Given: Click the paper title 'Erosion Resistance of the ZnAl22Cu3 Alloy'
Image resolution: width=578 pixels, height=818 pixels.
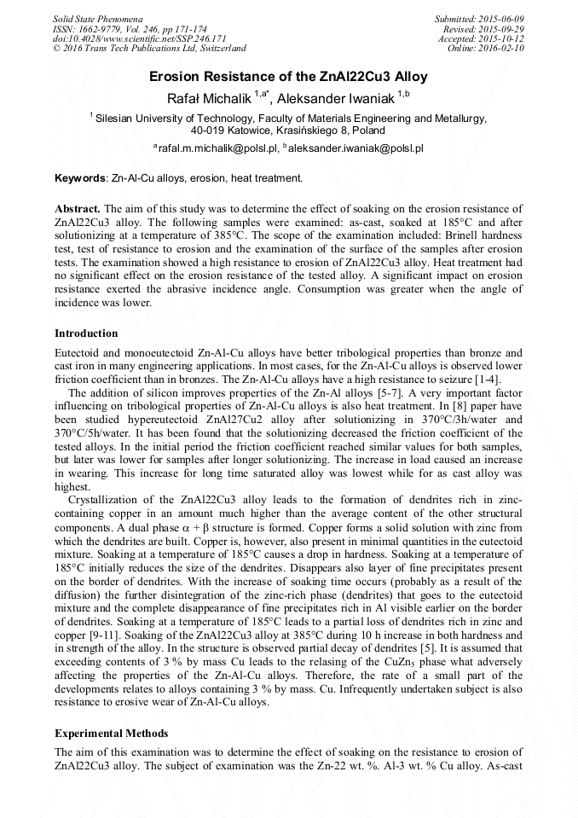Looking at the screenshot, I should click(288, 77).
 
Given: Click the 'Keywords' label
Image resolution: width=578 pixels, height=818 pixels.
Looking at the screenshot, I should click(80, 178).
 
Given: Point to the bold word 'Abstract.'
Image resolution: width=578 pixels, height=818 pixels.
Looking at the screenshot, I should click(78, 209).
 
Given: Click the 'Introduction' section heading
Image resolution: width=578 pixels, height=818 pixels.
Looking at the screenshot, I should click(86, 333).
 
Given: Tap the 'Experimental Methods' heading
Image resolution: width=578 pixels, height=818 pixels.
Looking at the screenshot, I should click(111, 733).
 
